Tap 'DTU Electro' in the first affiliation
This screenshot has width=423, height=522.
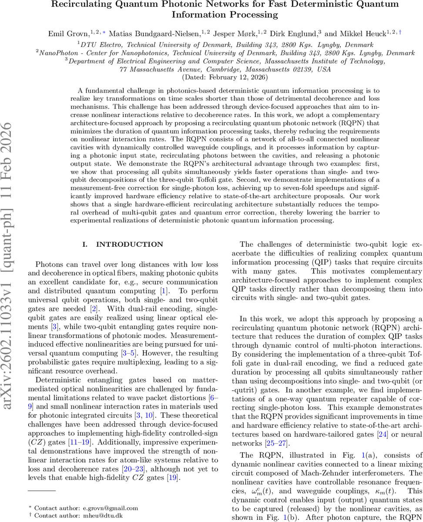[99, 44]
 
